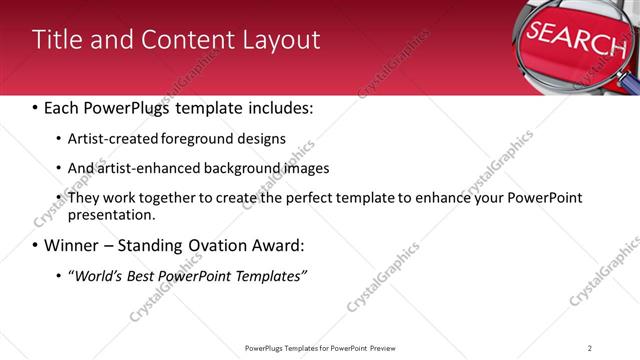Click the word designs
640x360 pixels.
click(262, 138)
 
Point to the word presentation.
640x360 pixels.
click(110, 215)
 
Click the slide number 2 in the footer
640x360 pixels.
click(590, 347)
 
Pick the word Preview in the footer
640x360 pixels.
click(387, 347)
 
